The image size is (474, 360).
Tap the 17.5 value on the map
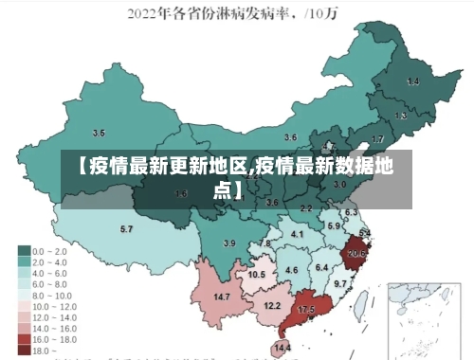(x=306, y=310)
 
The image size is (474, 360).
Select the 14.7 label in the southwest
(x=222, y=297)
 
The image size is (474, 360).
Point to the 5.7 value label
(x=126, y=229)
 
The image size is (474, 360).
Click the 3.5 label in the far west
(x=99, y=133)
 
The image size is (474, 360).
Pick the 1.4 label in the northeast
(x=413, y=82)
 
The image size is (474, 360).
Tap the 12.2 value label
(x=272, y=305)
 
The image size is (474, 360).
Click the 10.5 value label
(x=257, y=274)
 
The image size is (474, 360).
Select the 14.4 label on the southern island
(x=283, y=348)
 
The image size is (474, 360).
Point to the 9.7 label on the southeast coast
(x=340, y=283)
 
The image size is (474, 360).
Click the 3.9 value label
(x=228, y=243)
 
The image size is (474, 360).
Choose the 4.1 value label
(x=297, y=233)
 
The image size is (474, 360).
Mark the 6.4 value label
(x=321, y=268)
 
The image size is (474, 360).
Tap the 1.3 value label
(x=401, y=116)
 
